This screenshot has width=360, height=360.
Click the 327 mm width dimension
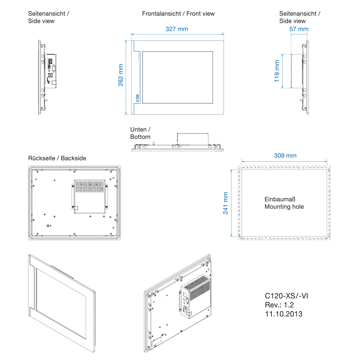[x=176, y=29]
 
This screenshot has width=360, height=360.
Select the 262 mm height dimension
[x=121, y=75]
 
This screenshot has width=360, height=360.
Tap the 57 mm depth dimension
[x=299, y=29]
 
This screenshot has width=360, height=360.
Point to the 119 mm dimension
[x=277, y=71]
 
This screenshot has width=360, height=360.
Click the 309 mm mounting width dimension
[x=285, y=156]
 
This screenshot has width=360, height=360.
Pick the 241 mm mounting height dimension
[x=226, y=203]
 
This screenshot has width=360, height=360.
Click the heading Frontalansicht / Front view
[x=178, y=14]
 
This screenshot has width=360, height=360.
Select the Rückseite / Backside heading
[x=57, y=158]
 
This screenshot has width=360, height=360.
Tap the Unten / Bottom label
[x=140, y=133]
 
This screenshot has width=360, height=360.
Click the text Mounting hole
[x=284, y=207]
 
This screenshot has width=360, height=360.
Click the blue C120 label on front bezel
[x=137, y=98]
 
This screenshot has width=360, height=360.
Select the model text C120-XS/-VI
[x=286, y=296]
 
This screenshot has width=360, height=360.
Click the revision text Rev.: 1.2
[x=279, y=305]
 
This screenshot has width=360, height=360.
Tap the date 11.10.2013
[x=283, y=314]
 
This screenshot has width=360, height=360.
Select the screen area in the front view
[x=178, y=77]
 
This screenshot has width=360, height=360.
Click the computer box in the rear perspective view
[x=194, y=295]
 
